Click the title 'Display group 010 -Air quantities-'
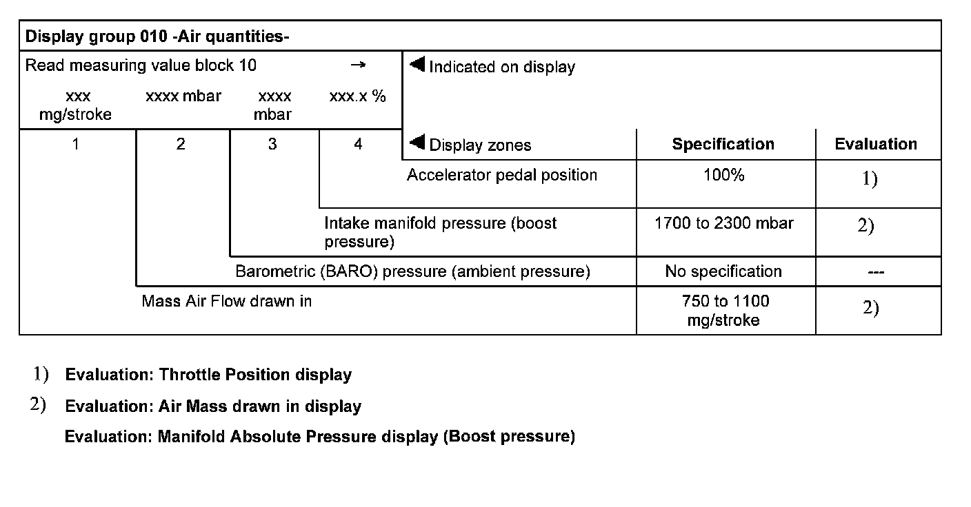tap(157, 37)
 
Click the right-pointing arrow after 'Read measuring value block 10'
tap(357, 65)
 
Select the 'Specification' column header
tap(723, 144)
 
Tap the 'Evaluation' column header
tap(876, 144)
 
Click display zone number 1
tap(76, 144)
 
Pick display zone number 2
tap(181, 144)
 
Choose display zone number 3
tap(272, 144)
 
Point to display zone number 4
tap(358, 144)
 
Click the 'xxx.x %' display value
tap(357, 96)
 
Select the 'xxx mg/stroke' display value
tap(75, 105)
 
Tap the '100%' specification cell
tap(723, 175)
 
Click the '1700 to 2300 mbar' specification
tap(723, 223)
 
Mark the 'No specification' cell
tap(723, 271)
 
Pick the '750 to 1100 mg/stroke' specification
tap(723, 310)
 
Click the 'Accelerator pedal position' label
tap(501, 175)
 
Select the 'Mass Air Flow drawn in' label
tap(226, 301)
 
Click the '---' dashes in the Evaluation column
tap(876, 272)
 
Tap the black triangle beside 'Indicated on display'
tap(416, 65)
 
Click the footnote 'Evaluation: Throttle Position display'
tap(208, 375)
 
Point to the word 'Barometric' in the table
tap(274, 271)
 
